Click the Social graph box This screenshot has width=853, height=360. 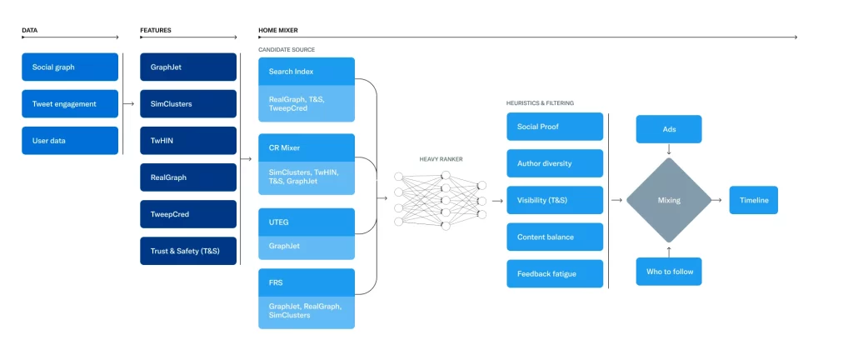coord(70,67)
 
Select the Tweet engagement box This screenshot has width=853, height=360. coord(70,104)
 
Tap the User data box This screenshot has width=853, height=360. coord(70,141)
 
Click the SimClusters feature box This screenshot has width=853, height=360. coord(188,104)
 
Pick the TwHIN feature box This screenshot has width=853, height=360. coord(188,141)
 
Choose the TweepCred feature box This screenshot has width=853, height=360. coord(188,214)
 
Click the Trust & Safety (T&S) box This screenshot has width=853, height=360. coord(188,251)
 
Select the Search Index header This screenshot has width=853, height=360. coord(307,72)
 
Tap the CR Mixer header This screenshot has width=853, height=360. coord(307,147)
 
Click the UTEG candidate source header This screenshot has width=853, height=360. coord(307,222)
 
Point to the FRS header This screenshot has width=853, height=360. coord(307,282)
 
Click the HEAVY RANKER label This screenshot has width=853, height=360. coord(441,158)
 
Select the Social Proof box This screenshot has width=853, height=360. coord(554,127)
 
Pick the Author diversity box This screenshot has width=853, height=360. coord(554,163)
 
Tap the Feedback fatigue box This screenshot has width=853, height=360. coord(554,273)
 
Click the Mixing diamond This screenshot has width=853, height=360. coord(668,200)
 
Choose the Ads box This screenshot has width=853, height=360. coord(669,129)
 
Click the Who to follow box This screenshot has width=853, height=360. coord(669,272)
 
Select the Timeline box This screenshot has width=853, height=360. coord(753,200)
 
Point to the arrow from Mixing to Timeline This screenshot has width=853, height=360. coord(716,200)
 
